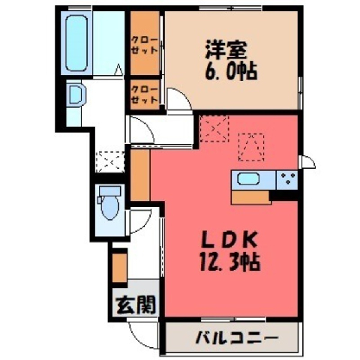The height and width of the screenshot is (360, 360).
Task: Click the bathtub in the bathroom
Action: pos(76,43)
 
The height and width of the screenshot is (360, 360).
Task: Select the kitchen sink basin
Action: pos(248,179)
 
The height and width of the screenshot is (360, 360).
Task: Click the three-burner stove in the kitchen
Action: pos(287,179)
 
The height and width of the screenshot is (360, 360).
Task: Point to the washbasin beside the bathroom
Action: pos(76,95)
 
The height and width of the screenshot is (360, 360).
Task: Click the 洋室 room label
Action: pos(226,50)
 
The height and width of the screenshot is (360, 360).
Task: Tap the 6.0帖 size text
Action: pos(231,71)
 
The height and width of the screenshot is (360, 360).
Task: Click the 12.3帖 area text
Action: pos(229,262)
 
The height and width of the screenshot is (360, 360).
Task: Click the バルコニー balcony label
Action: pos(236,337)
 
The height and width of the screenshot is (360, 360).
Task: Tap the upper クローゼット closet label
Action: pos(145,45)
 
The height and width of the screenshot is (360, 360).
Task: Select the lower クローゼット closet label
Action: pos(145,94)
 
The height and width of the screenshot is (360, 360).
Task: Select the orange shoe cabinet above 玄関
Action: pos(120,268)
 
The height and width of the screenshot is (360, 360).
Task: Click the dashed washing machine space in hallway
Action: pos(110,162)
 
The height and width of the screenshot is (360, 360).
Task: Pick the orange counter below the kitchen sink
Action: pos(251,198)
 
